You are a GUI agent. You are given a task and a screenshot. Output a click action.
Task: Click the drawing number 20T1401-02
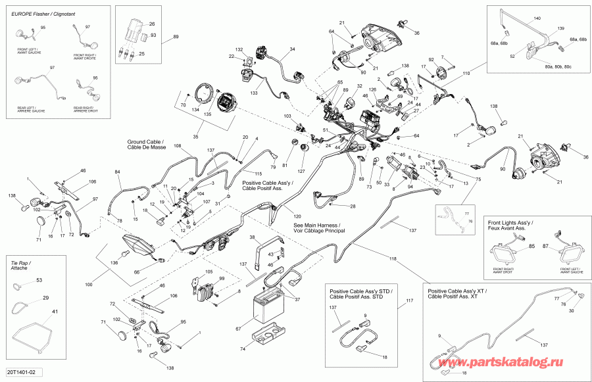pos(22,373)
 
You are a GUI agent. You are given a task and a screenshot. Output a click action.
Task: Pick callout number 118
pos(393,258)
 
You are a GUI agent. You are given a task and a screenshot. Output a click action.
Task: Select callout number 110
pos(466,74)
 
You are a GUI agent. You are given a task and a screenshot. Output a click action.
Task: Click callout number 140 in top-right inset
pos(537,18)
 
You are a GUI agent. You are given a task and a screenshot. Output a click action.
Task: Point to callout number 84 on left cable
pos(118,173)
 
